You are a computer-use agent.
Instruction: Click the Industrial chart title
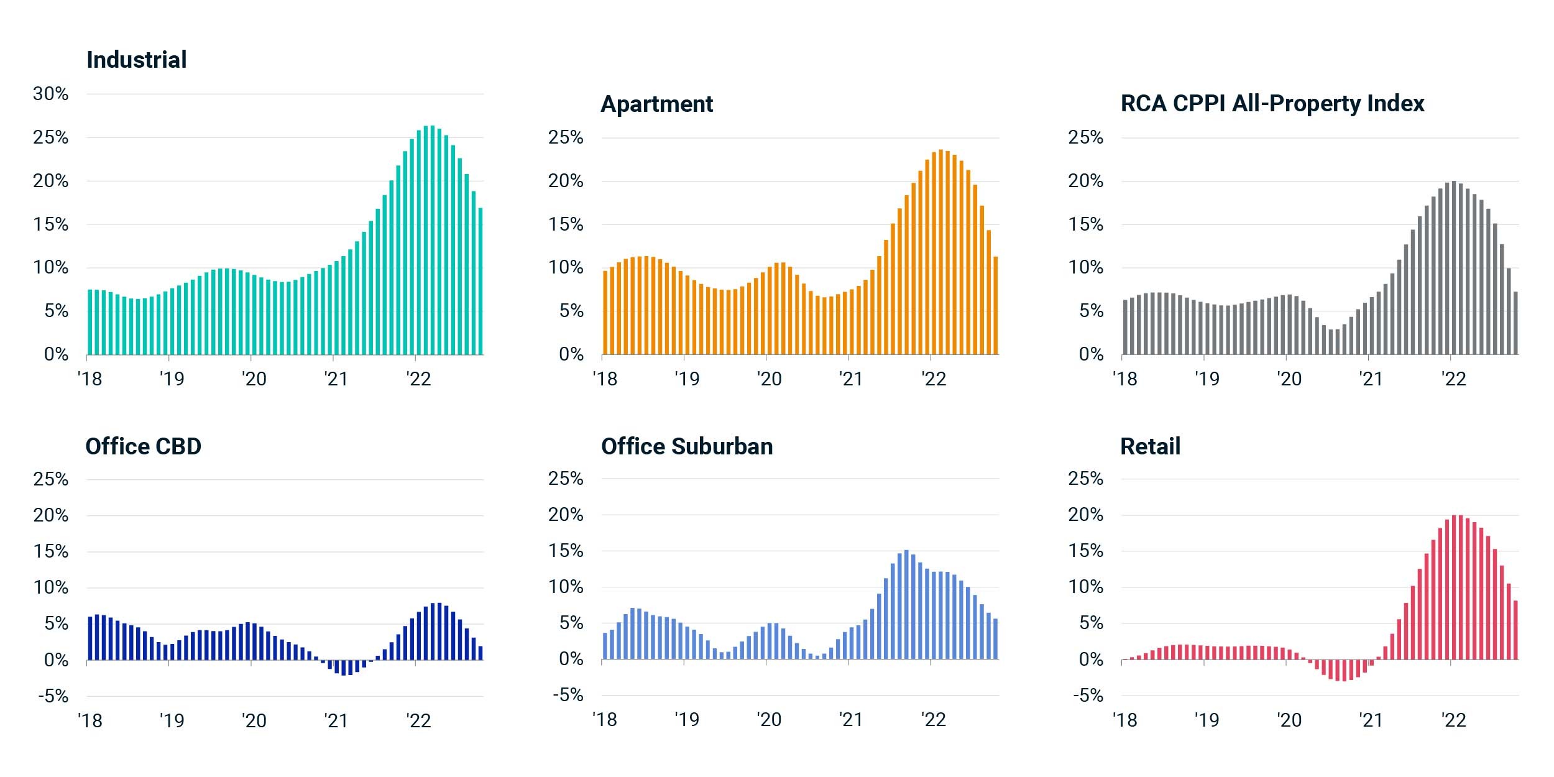pyautogui.click(x=137, y=60)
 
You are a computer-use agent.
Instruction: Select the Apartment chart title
pyautogui.click(x=657, y=104)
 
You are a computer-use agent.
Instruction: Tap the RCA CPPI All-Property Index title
pyautogui.click(x=1272, y=103)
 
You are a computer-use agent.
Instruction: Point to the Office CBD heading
pyautogui.click(x=144, y=446)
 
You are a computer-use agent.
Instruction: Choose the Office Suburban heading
pyautogui.click(x=687, y=446)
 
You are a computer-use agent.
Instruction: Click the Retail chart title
pyautogui.click(x=1150, y=446)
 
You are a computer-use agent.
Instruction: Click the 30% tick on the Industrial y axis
pyautogui.click(x=51, y=94)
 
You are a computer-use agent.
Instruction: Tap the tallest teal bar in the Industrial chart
pyautogui.click(x=433, y=240)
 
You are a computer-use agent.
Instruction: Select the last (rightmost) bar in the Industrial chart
pyautogui.click(x=480, y=282)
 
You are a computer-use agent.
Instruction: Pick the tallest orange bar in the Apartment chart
pyautogui.click(x=940, y=252)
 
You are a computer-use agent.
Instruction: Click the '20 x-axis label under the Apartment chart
pyautogui.click(x=769, y=379)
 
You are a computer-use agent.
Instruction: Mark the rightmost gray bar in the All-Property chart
pyautogui.click(x=1515, y=323)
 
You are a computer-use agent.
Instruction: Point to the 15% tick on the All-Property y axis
pyautogui.click(x=1085, y=224)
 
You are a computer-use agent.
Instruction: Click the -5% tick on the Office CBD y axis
pyautogui.click(x=53, y=696)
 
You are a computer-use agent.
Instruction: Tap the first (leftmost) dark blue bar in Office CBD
pyautogui.click(x=90, y=638)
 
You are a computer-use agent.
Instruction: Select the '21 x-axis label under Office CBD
pyautogui.click(x=336, y=720)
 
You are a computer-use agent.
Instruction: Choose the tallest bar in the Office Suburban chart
pyautogui.click(x=906, y=604)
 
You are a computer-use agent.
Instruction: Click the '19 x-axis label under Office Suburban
pyautogui.click(x=687, y=720)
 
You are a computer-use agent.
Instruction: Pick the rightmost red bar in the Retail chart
pyautogui.click(x=1515, y=630)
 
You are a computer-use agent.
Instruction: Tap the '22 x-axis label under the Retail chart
pyautogui.click(x=1453, y=720)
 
